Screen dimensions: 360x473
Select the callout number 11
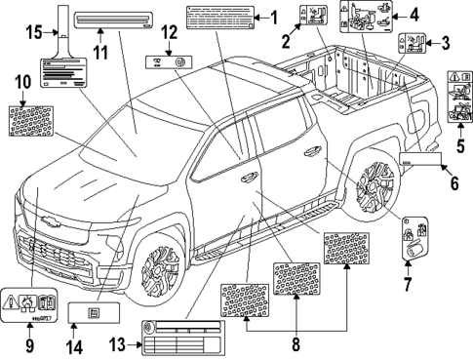(98, 46)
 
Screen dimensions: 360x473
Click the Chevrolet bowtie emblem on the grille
(39, 234)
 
